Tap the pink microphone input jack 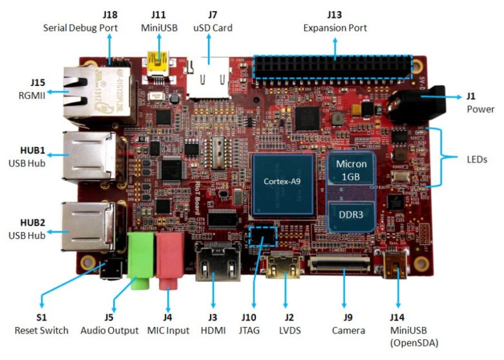pos(170,257)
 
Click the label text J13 pos(335,15)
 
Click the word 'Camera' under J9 pos(348,330)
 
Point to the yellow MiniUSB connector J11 pos(156,63)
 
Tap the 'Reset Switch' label pos(41,330)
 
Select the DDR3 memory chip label pos(352,214)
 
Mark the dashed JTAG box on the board pos(262,236)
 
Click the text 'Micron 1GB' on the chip pos(352,171)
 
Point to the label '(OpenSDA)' pos(414,343)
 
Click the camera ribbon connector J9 pos(341,264)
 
